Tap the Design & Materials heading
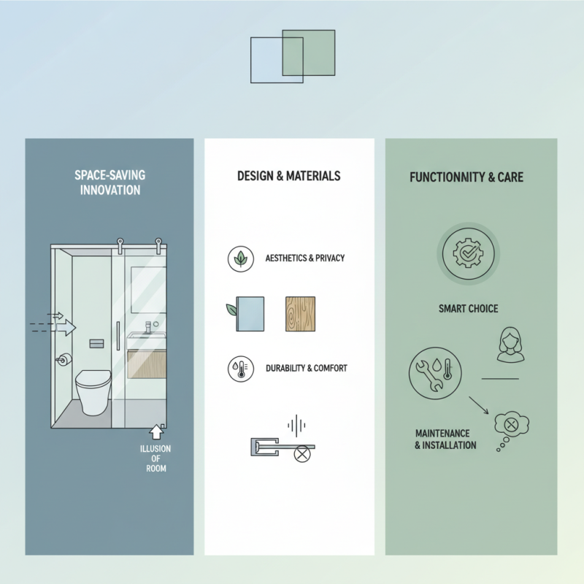click(288, 176)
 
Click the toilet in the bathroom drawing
click(93, 388)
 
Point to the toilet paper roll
click(64, 359)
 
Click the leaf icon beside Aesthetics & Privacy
click(241, 258)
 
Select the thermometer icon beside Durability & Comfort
click(241, 368)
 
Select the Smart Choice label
click(468, 309)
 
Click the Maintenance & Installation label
click(442, 439)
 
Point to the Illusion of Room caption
click(156, 458)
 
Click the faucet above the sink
click(147, 326)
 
